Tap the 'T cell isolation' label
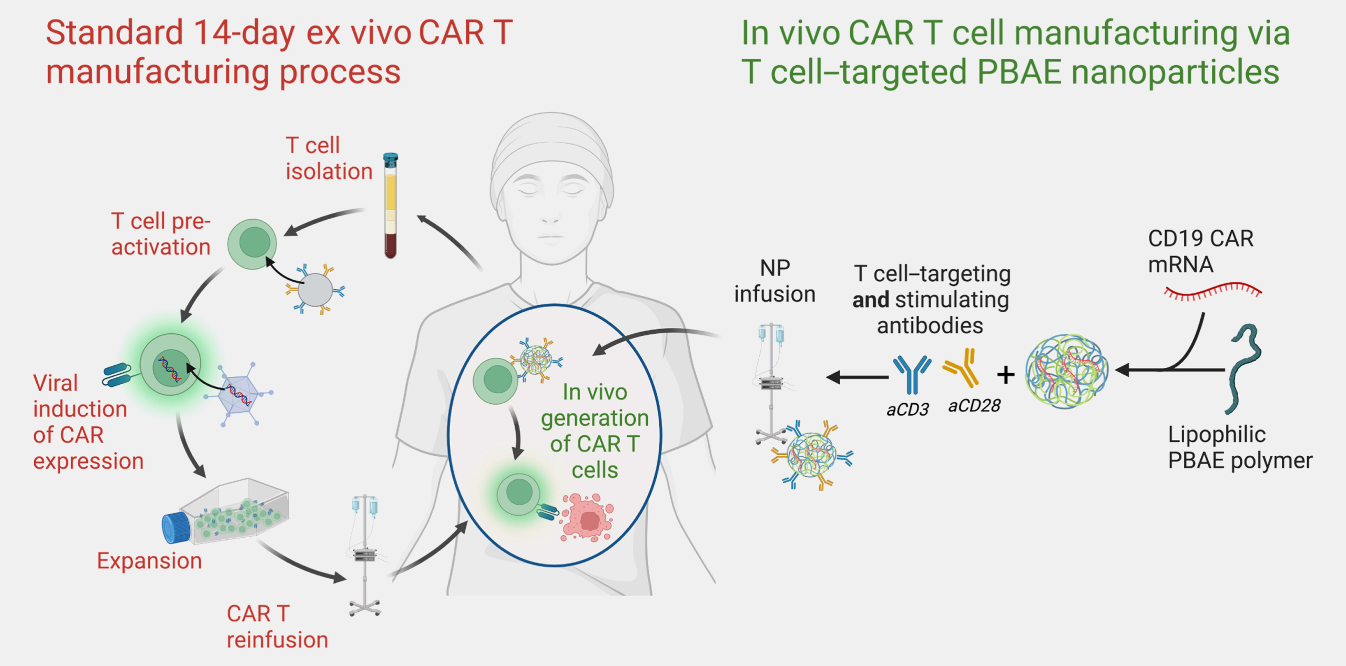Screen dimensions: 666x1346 [329, 158]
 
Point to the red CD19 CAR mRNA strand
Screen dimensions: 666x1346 [1212, 292]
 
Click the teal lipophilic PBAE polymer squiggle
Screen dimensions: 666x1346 [1244, 368]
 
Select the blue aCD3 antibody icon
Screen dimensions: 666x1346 [912, 374]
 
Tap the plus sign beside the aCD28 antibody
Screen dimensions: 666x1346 [1006, 375]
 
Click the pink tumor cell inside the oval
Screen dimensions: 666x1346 [587, 517]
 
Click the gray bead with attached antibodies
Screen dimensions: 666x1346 [315, 290]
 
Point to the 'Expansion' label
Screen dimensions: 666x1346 [149, 561]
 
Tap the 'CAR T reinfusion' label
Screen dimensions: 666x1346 [277, 627]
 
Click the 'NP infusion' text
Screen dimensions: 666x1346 [774, 281]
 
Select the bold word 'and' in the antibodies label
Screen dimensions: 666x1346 [871, 300]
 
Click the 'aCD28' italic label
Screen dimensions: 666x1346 [974, 406]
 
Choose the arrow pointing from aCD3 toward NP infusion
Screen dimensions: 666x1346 [857, 377]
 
